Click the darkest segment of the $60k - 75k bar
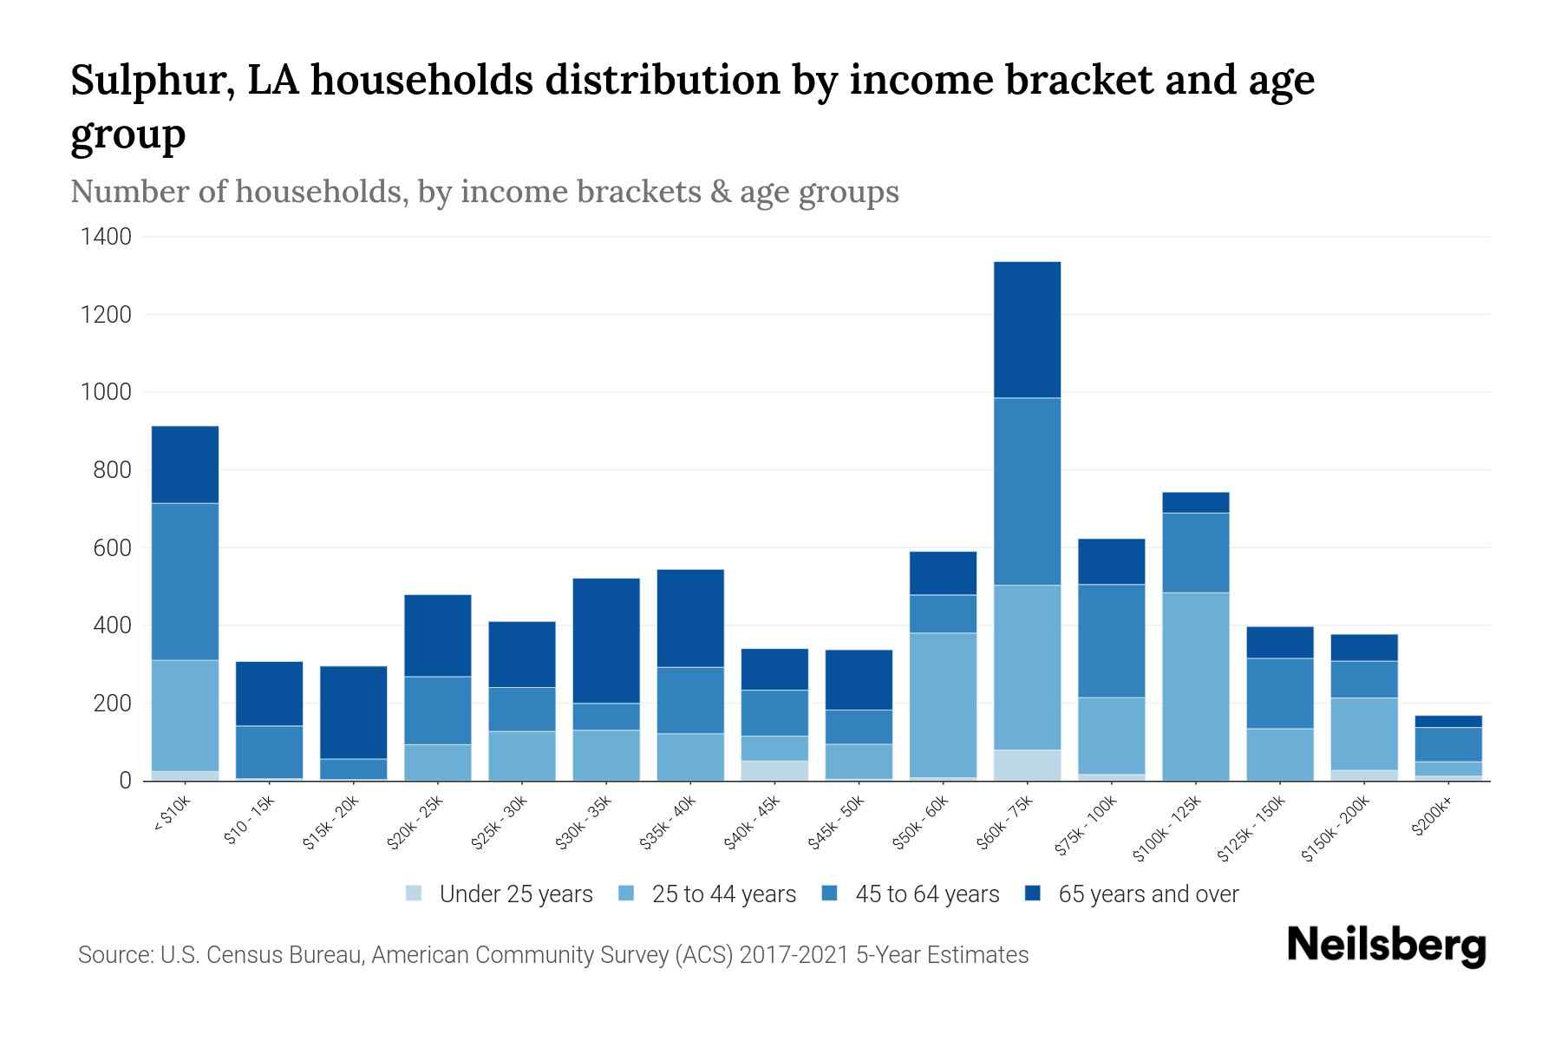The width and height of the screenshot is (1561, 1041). (x=1027, y=330)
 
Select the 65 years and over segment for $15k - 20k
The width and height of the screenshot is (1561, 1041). (x=353, y=712)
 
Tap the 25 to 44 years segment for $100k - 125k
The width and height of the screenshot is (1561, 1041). (x=1195, y=686)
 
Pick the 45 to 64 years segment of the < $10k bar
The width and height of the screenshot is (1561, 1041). (x=185, y=581)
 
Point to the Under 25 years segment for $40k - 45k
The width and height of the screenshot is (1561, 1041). (x=774, y=770)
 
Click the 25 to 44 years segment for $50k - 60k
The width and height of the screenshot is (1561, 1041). (x=943, y=705)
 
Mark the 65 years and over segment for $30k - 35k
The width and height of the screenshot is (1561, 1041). (x=606, y=640)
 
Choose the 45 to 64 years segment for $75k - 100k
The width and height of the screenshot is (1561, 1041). (x=1111, y=641)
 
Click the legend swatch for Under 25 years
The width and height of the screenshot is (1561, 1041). (x=415, y=894)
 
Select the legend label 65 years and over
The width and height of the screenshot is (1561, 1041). (x=1148, y=894)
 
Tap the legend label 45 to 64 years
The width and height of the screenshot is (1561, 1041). (x=927, y=894)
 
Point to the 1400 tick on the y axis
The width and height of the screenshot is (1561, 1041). (x=107, y=237)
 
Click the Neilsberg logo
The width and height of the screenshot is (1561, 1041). (x=1386, y=945)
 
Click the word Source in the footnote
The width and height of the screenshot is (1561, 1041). (x=114, y=955)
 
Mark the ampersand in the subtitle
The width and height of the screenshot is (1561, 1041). (x=715, y=191)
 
